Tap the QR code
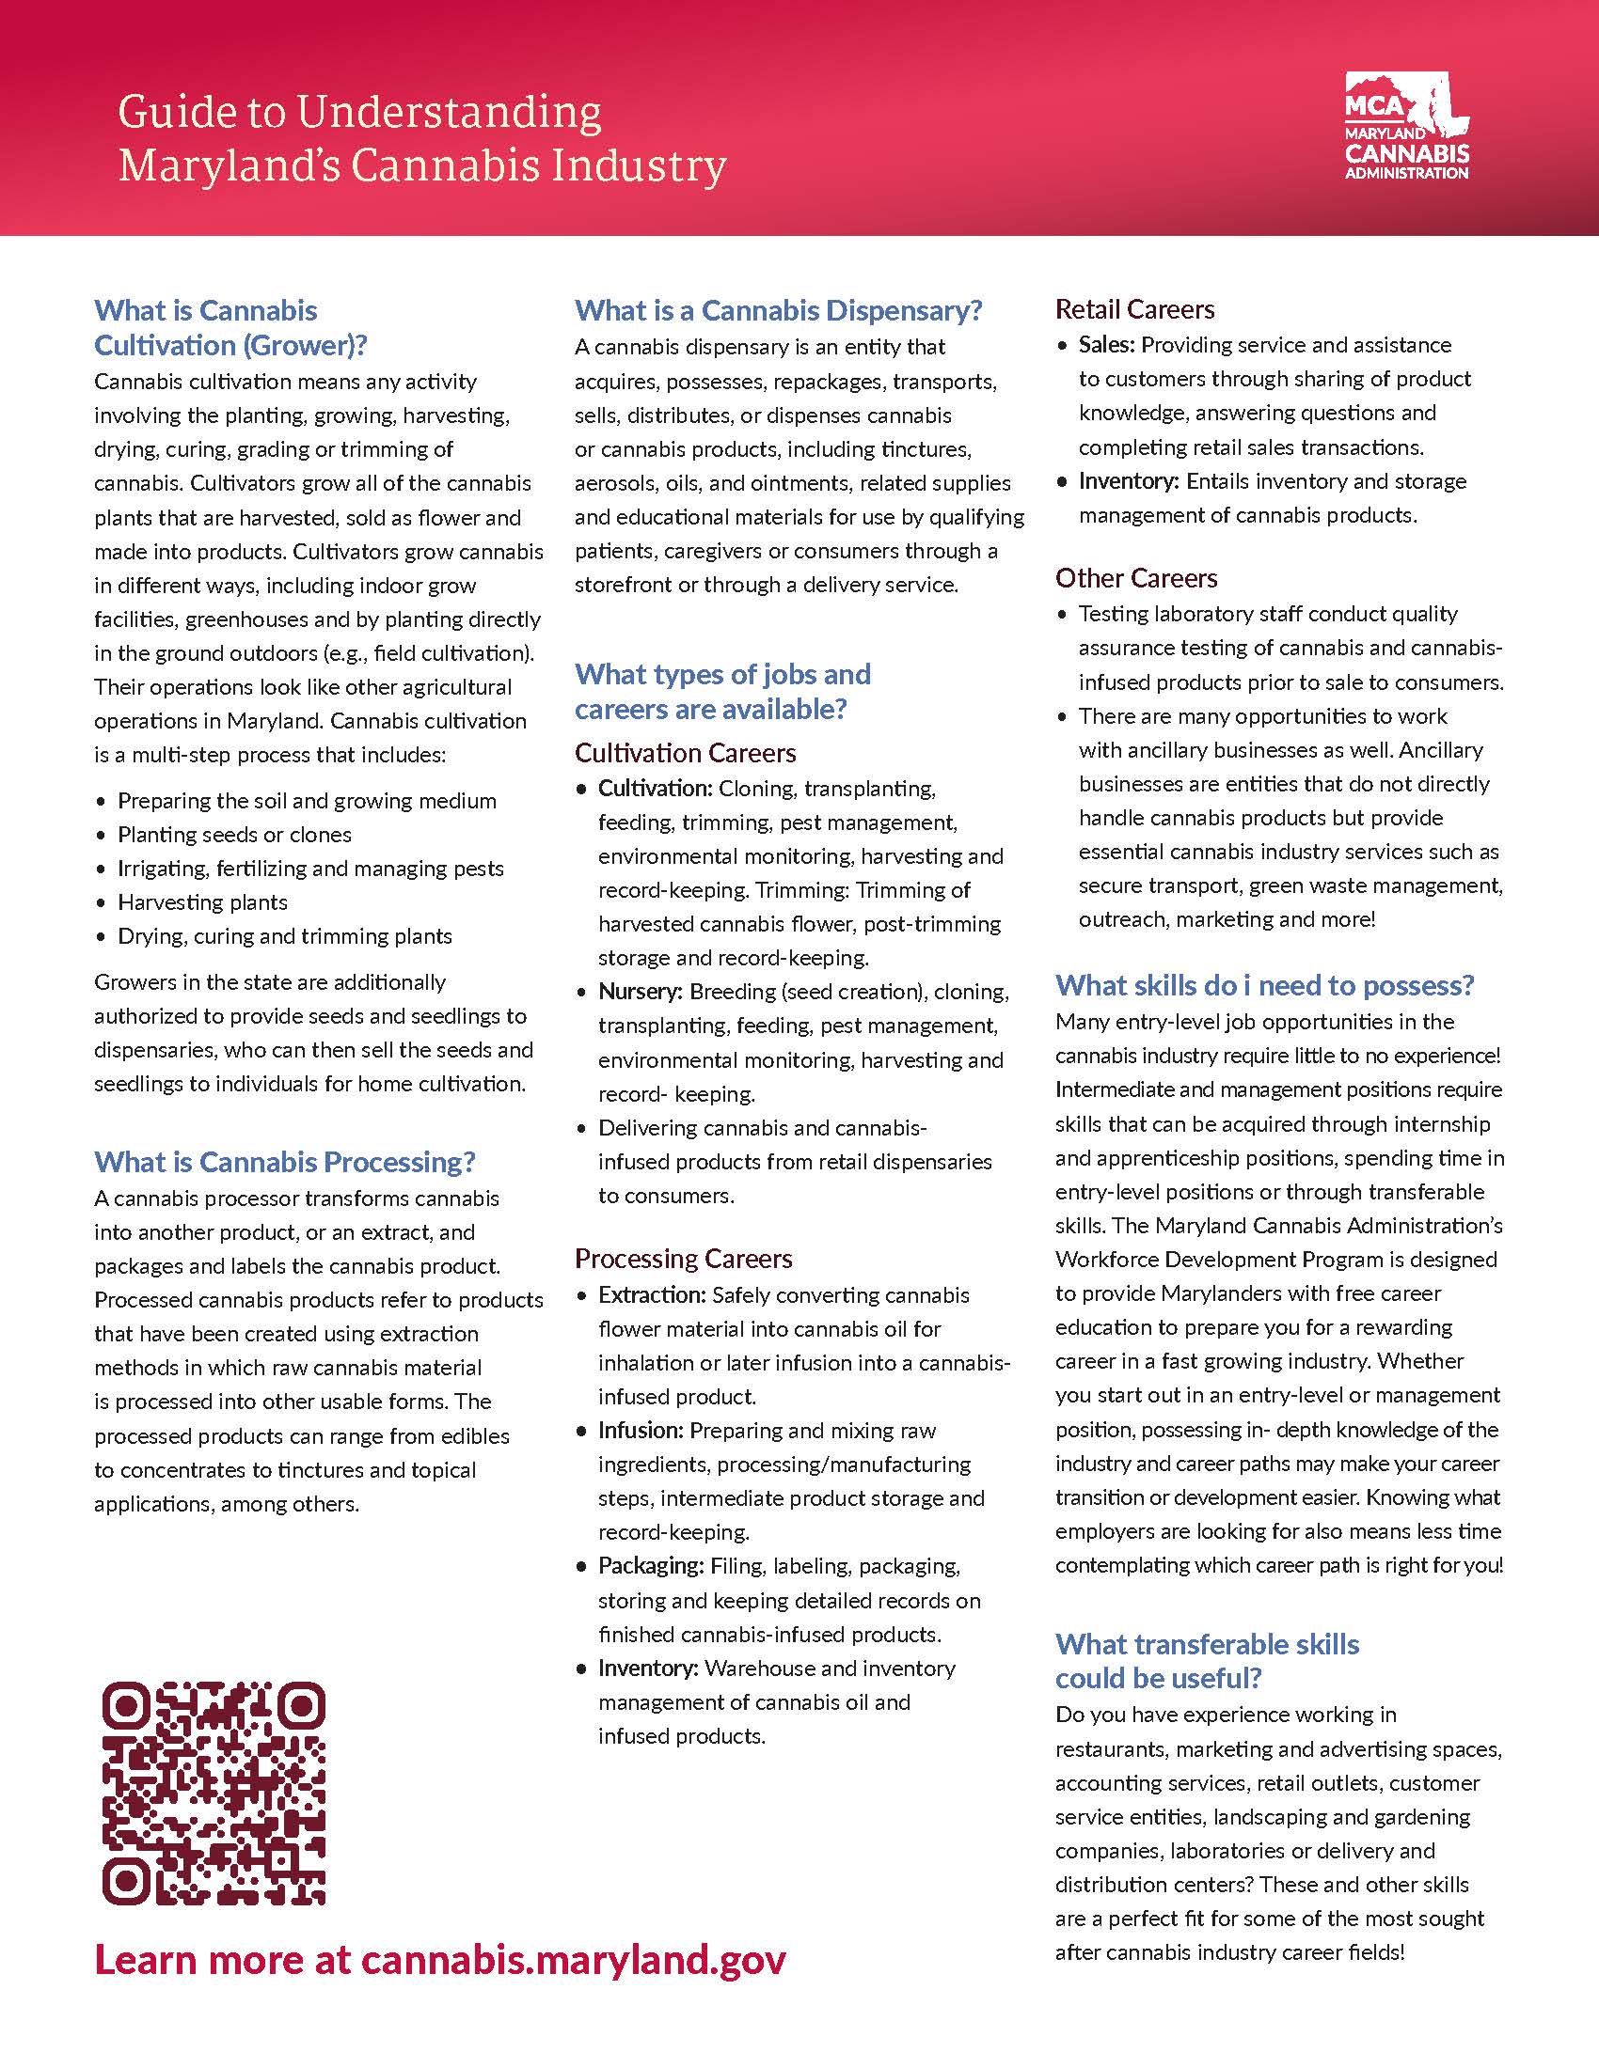click(214, 1793)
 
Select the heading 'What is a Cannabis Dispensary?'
click(779, 310)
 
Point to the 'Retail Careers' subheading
click(1135, 309)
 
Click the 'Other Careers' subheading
click(1136, 578)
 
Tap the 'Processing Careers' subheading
click(683, 1259)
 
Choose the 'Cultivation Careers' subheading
click(685, 753)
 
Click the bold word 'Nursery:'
click(640, 992)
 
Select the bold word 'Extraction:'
click(652, 1294)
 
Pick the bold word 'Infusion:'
click(640, 1430)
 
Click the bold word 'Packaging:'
click(650, 1565)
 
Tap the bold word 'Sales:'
click(1106, 345)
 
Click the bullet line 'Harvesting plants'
click(202, 902)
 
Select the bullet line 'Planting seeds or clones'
click(234, 834)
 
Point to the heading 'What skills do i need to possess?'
click(1264, 986)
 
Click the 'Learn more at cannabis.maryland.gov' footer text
click(440, 1959)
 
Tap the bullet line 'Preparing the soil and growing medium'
click(306, 801)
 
